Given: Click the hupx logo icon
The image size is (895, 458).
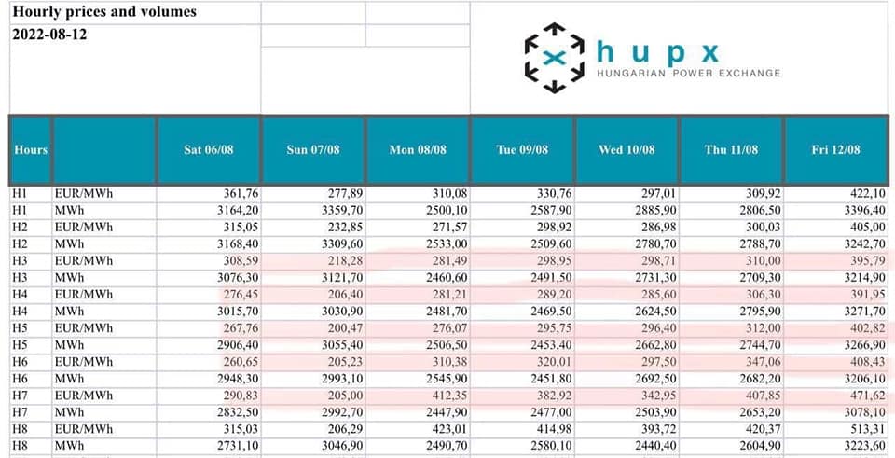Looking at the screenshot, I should (x=554, y=57).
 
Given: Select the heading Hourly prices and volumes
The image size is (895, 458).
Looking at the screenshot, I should (x=104, y=12).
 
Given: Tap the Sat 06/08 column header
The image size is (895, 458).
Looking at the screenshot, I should (x=209, y=149).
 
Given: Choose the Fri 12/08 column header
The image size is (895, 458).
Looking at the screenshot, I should (x=835, y=149).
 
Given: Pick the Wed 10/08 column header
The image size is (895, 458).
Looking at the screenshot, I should (x=626, y=149).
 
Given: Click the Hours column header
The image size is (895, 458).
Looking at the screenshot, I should (x=30, y=149).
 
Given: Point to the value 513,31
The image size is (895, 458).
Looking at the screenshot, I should (x=866, y=429).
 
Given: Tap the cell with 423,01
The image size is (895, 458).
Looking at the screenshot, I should (x=444, y=429).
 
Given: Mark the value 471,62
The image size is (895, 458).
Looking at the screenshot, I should (x=866, y=396).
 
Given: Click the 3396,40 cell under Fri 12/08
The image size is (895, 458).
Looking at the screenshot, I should (x=861, y=211).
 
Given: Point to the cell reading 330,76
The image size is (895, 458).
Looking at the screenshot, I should (x=548, y=194).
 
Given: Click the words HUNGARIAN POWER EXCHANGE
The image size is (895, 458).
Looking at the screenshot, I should (x=688, y=73).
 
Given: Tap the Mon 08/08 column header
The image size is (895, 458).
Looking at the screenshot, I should (x=418, y=149).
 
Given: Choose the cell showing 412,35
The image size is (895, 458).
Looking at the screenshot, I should (x=444, y=396).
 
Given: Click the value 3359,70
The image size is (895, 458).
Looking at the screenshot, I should (x=337, y=211).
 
